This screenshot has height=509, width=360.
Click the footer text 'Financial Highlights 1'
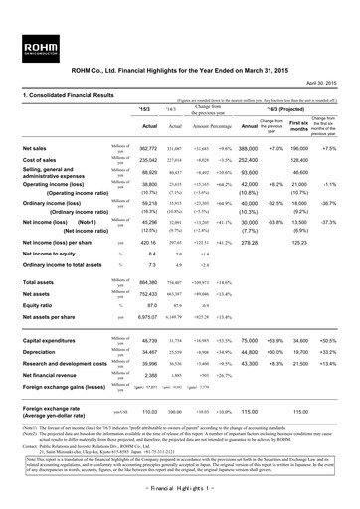pyautogui.click(x=179, y=496)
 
